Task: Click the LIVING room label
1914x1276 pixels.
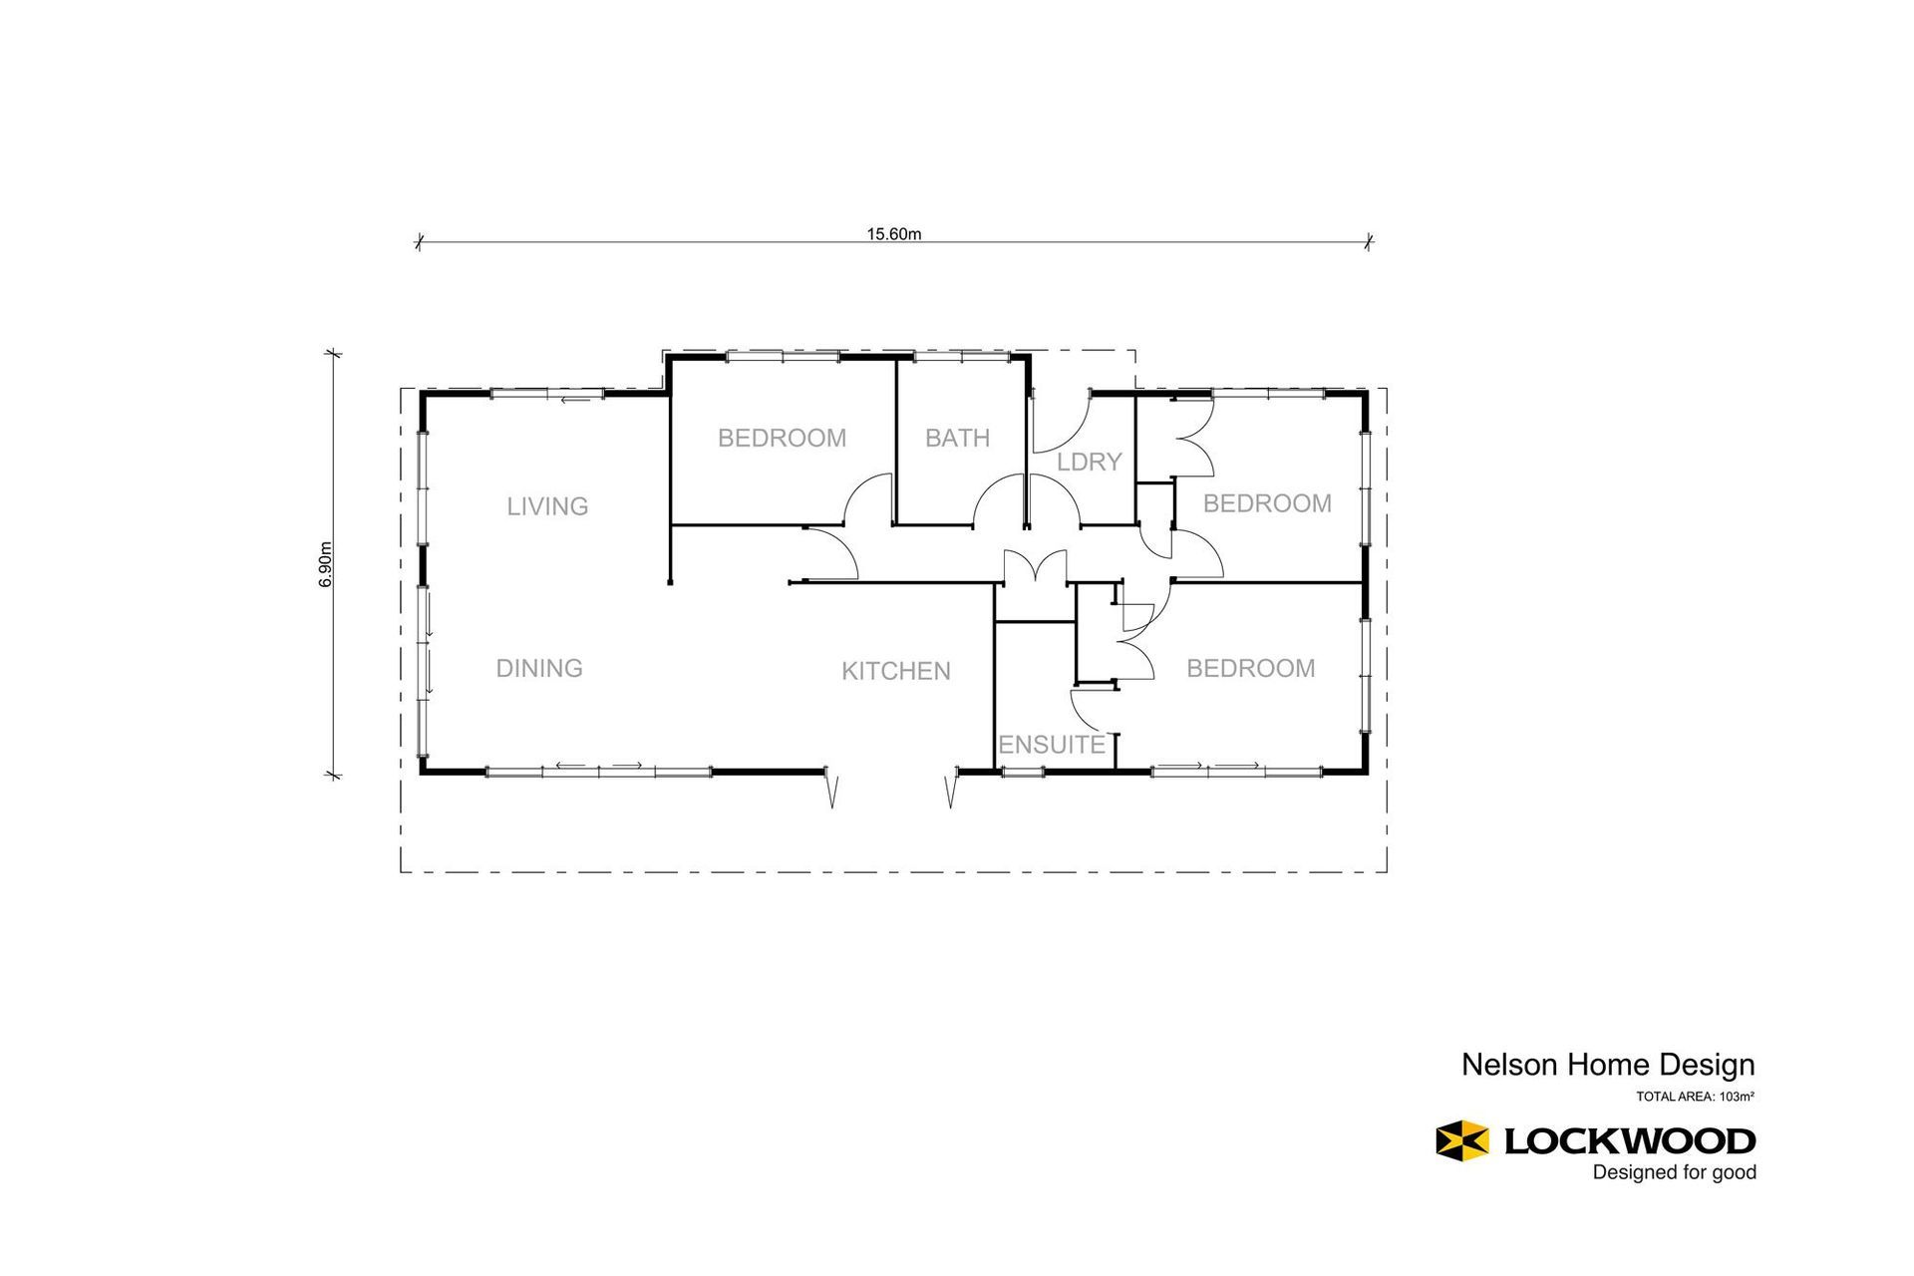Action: coord(547,506)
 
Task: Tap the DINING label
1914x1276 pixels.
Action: coord(539,668)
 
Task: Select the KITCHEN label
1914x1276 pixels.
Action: coord(895,671)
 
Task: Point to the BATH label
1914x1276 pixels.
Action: coord(957,438)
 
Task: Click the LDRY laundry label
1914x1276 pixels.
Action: coord(1089,462)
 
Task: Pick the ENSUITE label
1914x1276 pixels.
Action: coord(1052,745)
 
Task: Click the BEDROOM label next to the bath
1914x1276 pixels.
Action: coord(782,438)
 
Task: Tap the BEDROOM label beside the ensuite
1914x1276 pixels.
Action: coord(1250,668)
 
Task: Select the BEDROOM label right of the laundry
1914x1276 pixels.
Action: coord(1266,503)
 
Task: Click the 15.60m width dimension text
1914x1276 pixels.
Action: coord(893,234)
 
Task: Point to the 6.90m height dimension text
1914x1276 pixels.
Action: coord(326,564)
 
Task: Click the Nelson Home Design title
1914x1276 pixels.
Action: coord(1607,1065)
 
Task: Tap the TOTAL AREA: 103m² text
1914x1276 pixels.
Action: coord(1694,1097)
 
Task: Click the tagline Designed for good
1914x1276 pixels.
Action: coord(1674,1172)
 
